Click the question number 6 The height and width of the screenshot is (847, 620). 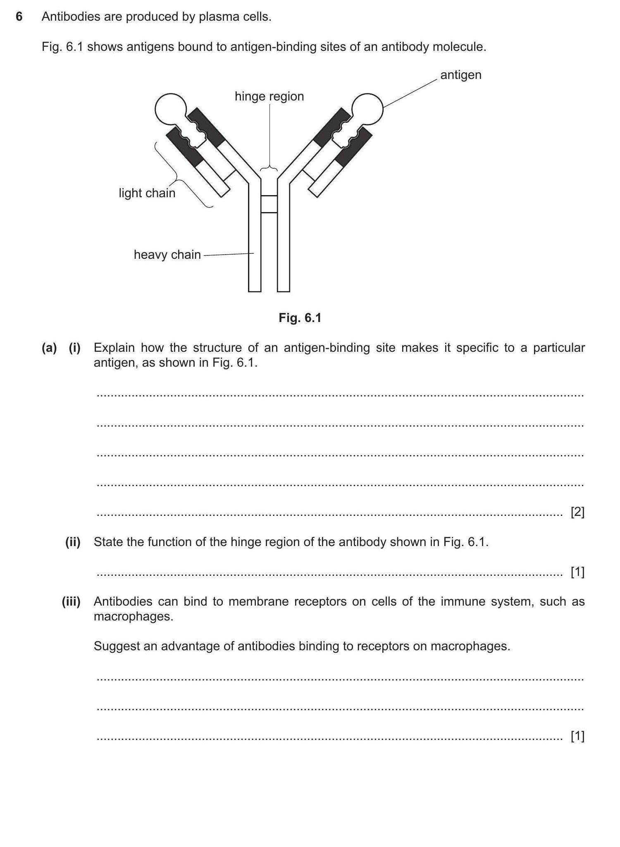19,17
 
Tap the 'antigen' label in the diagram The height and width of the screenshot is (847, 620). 460,75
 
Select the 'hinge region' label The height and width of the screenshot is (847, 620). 269,96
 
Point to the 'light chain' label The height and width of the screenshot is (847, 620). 147,193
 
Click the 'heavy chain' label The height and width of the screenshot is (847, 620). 167,255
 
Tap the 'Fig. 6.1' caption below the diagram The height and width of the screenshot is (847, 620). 300,318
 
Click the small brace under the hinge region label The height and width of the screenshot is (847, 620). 269,169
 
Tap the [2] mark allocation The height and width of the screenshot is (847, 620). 577,512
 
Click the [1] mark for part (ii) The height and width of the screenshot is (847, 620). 577,572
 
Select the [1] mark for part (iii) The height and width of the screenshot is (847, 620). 577,736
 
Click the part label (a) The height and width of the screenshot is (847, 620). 49,348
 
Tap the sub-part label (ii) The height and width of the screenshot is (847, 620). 73,542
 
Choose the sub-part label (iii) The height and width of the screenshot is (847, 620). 71,601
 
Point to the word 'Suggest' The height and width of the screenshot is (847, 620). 116,646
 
